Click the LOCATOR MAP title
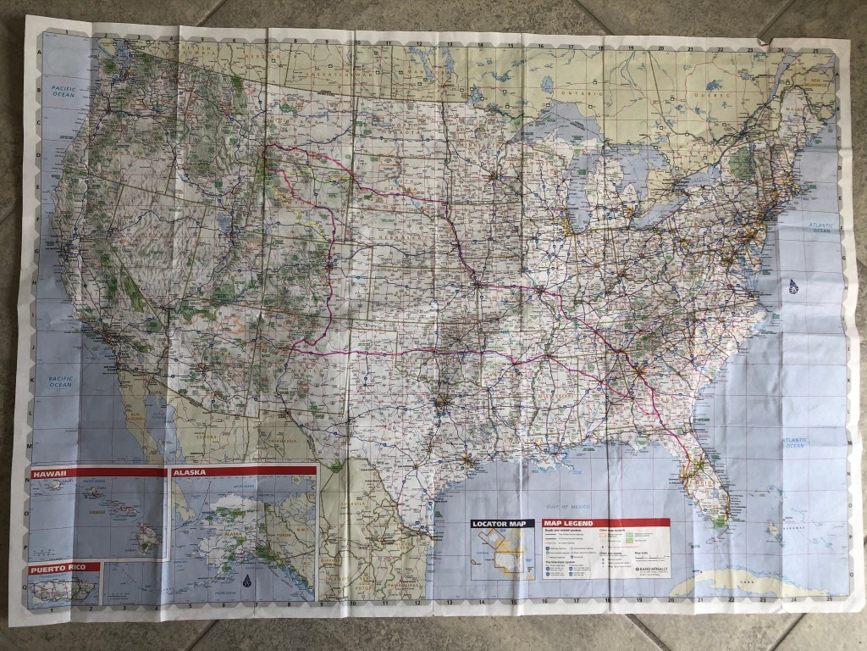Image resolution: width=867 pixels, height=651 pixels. pos(503,525)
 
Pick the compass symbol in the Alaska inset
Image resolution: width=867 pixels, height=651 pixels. pos(246,582)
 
